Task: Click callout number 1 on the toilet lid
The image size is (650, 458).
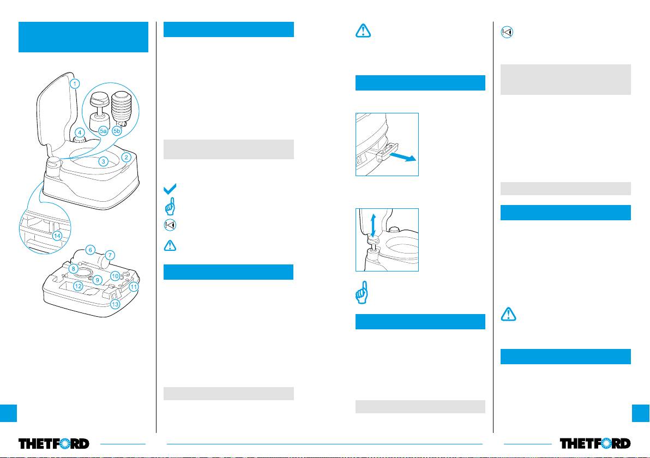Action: (x=75, y=84)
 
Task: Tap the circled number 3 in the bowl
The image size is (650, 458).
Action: (x=103, y=161)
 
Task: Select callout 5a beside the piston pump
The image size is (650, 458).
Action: (x=103, y=131)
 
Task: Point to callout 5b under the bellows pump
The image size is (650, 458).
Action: (x=117, y=131)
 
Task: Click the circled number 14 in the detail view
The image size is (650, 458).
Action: (x=57, y=236)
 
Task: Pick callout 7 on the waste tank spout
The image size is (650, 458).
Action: (x=110, y=255)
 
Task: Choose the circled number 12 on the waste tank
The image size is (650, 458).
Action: (x=78, y=286)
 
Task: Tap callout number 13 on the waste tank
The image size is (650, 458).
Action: (x=115, y=304)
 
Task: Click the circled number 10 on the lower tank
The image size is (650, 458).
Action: (x=115, y=276)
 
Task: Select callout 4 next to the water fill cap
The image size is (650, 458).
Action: (x=80, y=133)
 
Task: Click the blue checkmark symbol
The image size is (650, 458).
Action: (x=170, y=189)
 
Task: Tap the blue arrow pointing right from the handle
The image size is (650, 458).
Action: (x=402, y=156)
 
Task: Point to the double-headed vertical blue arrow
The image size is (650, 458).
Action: (x=373, y=226)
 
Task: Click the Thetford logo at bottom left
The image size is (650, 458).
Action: (x=54, y=443)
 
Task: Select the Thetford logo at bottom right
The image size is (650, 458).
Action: (x=595, y=443)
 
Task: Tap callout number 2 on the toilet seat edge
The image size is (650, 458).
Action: (x=127, y=157)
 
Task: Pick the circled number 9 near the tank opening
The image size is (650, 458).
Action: (x=98, y=280)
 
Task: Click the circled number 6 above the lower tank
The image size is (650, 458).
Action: (x=90, y=250)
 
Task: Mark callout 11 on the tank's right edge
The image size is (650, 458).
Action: (x=134, y=287)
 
